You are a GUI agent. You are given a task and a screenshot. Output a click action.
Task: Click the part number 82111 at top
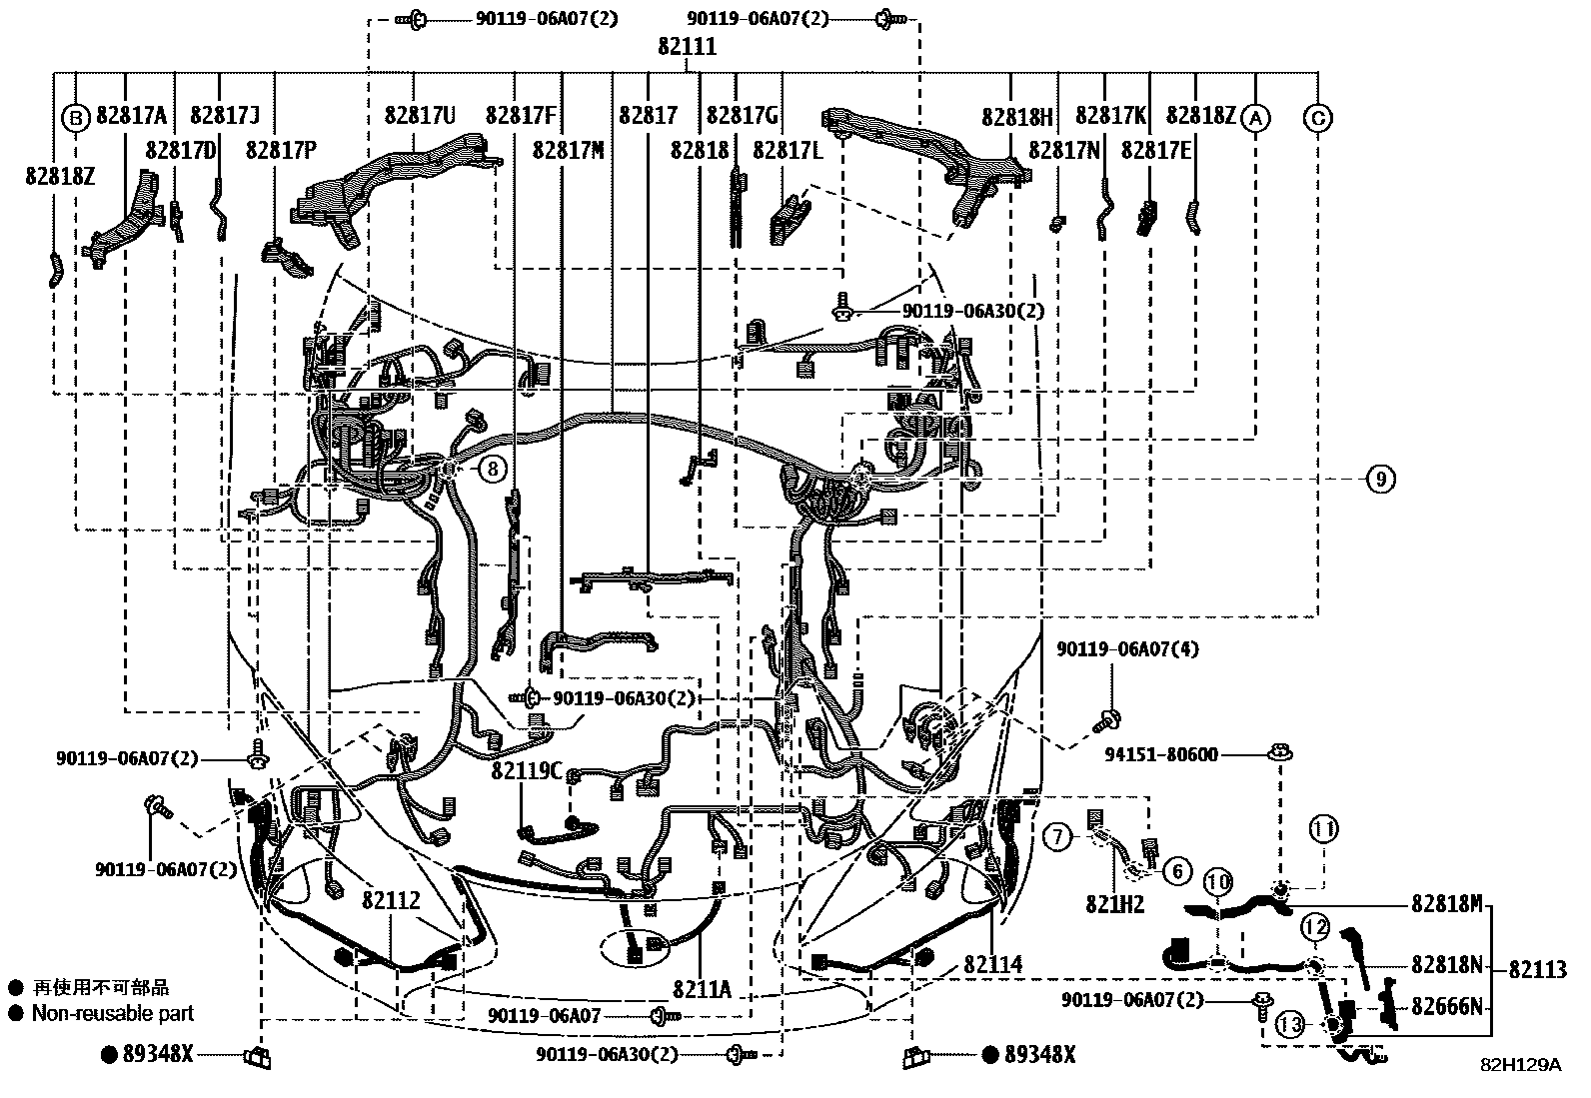click(687, 47)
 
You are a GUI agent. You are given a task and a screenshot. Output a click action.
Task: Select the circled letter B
click(76, 118)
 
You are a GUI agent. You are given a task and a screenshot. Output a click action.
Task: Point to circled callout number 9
click(1380, 480)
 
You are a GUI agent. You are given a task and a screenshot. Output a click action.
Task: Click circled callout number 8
click(492, 468)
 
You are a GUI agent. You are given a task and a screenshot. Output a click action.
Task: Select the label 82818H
click(1016, 117)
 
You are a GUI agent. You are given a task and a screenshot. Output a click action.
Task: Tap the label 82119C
click(527, 772)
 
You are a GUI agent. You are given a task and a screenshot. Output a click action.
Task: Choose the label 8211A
click(702, 989)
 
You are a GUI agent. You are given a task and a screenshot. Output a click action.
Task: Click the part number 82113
click(1537, 968)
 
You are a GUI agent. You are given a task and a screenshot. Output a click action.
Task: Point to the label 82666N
click(1446, 1006)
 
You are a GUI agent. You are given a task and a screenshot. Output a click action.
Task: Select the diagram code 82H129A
click(1520, 1066)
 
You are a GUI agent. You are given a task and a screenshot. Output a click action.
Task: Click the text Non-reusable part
click(112, 1013)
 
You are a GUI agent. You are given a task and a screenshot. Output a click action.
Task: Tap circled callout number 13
click(1290, 1024)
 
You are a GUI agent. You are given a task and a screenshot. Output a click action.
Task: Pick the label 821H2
click(1114, 905)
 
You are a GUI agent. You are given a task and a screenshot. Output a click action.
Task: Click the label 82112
click(391, 901)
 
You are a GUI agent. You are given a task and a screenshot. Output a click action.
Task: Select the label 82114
click(993, 965)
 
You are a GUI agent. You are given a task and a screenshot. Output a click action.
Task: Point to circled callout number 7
click(1057, 837)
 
